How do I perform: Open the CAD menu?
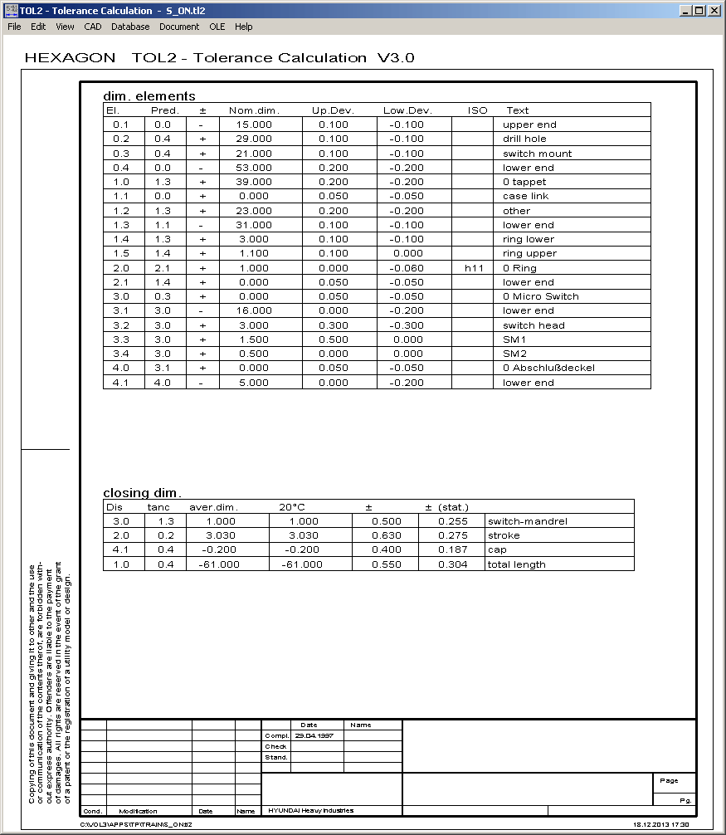pyautogui.click(x=92, y=27)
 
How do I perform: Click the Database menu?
pyautogui.click(x=130, y=27)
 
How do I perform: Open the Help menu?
pyautogui.click(x=243, y=27)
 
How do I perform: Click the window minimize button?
pyautogui.click(x=685, y=11)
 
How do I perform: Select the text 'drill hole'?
pyautogui.click(x=524, y=139)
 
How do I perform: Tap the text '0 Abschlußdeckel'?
pyautogui.click(x=548, y=368)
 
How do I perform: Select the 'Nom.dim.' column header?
pyautogui.click(x=254, y=110)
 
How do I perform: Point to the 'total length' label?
pyautogui.click(x=516, y=564)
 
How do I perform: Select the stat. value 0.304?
pyautogui.click(x=451, y=564)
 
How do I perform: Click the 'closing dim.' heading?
pyautogui.click(x=142, y=492)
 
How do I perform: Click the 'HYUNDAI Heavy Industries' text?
pyautogui.click(x=310, y=810)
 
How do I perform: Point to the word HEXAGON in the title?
pyautogui.click(x=71, y=58)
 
